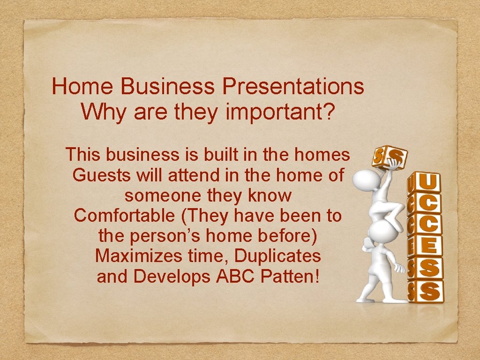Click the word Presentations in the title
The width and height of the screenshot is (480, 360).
[293, 87]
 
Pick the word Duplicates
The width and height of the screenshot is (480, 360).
[277, 256]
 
